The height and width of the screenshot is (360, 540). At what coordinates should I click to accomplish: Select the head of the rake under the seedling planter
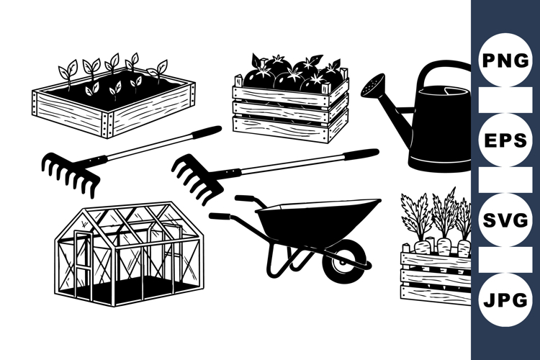[x=69, y=173]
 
